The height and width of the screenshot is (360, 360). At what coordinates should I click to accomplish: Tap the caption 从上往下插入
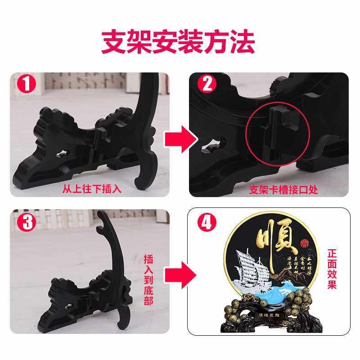tap(92, 189)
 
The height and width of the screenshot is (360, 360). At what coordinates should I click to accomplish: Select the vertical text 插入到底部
tap(149, 279)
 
